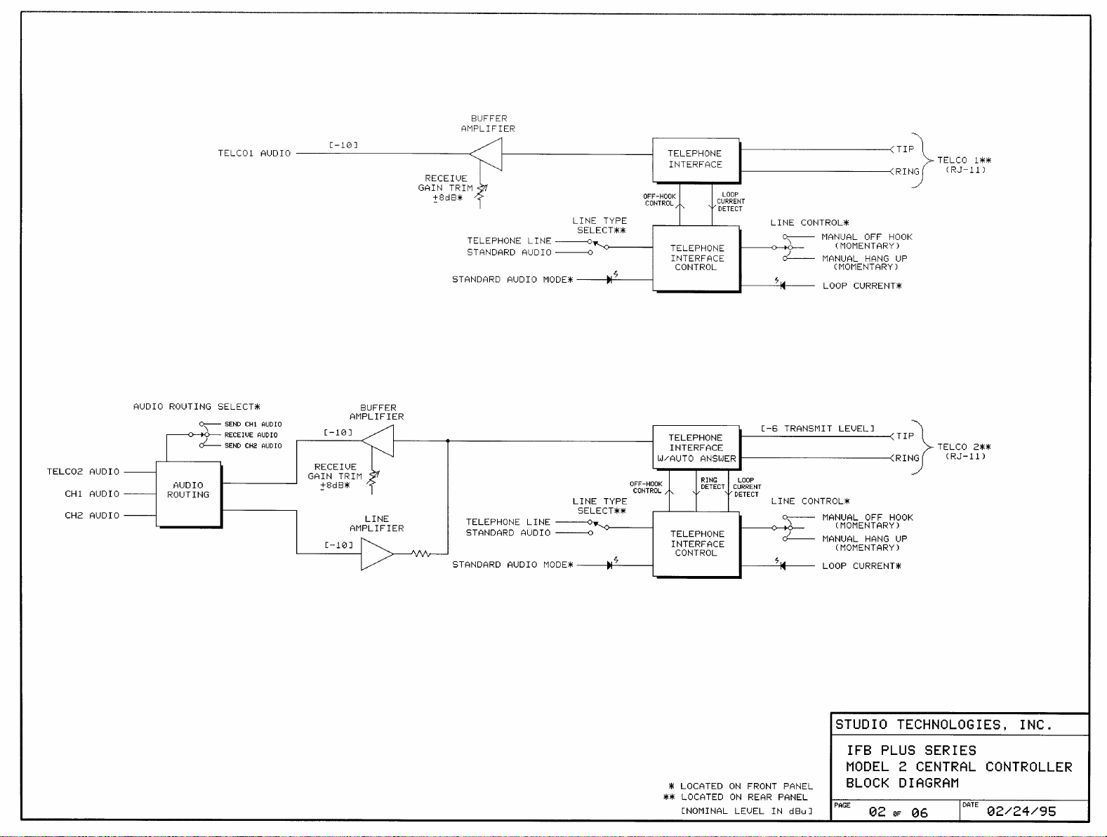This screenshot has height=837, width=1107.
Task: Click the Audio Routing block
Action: pos(189,494)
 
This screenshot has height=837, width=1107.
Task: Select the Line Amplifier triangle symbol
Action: pos(377,554)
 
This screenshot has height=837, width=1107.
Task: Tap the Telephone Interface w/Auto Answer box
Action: pos(696,448)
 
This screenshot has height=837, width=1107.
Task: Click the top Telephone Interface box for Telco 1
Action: pos(696,160)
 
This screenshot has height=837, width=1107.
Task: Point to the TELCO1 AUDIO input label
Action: pos(254,153)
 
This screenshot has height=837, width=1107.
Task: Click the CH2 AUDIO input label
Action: pos(92,516)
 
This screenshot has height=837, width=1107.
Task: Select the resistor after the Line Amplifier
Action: pos(420,554)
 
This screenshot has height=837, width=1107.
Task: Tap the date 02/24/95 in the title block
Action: pos(1021,811)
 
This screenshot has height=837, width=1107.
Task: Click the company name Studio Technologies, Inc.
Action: pos(943,725)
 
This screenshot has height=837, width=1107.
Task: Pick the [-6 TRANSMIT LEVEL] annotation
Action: pos(818,429)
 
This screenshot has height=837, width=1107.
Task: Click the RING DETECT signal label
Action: pos(712,483)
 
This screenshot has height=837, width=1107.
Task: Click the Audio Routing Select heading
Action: pos(197,407)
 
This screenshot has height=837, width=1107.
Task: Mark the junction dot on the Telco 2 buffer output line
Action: pos(448,441)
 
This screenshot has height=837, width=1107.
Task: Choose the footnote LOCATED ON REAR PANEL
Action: pos(744,797)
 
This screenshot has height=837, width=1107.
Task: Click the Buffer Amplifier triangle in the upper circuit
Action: pos(486,154)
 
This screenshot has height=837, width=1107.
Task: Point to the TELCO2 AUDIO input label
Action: pos(84,471)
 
